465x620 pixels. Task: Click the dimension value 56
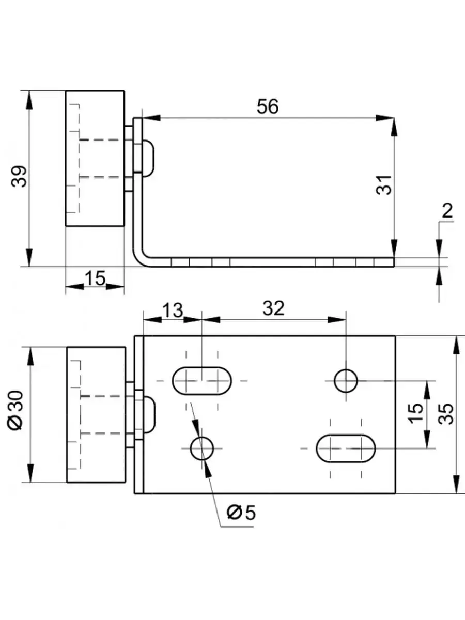point(267,107)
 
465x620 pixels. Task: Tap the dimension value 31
point(383,184)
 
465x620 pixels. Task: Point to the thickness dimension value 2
point(447,211)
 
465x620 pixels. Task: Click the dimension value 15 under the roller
point(95,279)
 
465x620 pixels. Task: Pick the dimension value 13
point(172,311)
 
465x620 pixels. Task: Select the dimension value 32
point(273,309)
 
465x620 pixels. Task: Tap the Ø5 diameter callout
point(241,513)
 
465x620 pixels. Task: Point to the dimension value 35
point(447,413)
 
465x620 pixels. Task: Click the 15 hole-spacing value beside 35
point(416,413)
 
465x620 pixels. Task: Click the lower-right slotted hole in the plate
point(346,448)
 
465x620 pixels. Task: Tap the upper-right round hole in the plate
point(346,381)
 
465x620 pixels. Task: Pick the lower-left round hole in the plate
point(202,448)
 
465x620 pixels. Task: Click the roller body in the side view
point(95,159)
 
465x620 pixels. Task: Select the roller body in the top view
point(96,415)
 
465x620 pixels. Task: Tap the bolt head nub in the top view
point(148,414)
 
